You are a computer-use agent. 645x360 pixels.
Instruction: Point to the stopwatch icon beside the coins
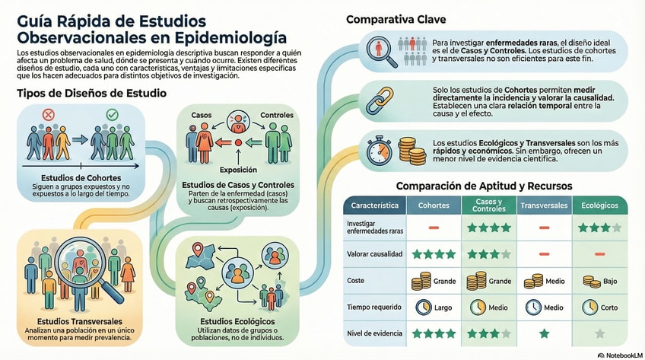[378, 151]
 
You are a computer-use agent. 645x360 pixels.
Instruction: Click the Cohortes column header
[434, 205]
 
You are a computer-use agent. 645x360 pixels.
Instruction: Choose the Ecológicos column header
[599, 205]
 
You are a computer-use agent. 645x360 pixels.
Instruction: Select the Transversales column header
[544, 205]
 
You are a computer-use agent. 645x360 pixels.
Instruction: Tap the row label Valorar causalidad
[374, 254]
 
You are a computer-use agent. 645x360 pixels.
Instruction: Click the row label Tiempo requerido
[373, 307]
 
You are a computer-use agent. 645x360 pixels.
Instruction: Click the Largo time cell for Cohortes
[434, 307]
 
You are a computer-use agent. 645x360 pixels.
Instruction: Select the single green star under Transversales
[544, 333]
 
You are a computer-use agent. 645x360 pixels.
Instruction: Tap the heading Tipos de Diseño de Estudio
[92, 93]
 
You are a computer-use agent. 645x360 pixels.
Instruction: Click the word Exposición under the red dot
[238, 170]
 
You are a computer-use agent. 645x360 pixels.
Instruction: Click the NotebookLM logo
[616, 354]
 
